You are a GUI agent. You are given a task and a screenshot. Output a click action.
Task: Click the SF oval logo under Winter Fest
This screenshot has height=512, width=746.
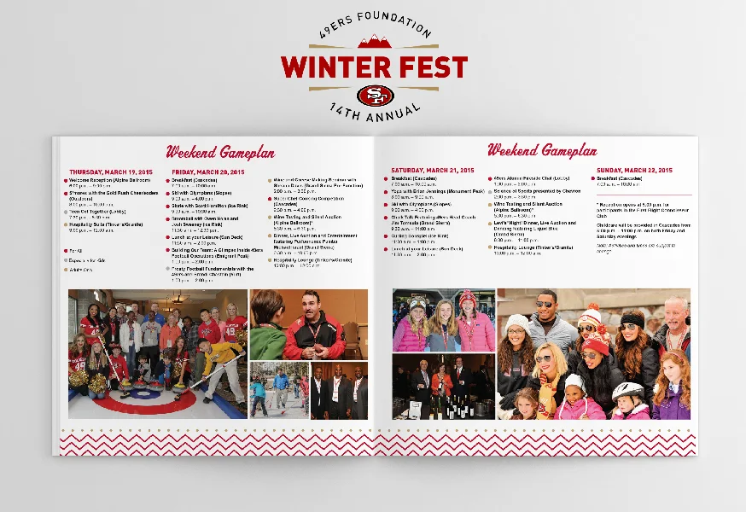click(374, 96)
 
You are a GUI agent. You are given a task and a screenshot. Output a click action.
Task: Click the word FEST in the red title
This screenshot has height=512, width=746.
click(424, 67)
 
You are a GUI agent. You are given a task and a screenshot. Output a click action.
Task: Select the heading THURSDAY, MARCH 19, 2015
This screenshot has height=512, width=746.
click(111, 172)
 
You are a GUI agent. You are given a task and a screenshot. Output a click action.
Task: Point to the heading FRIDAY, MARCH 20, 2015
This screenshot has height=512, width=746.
click(207, 172)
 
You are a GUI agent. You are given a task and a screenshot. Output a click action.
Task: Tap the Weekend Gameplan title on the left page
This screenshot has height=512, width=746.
click(220, 153)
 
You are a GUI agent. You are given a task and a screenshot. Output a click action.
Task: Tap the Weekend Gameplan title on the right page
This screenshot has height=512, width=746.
click(541, 150)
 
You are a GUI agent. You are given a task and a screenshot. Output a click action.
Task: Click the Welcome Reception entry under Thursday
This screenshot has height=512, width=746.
click(102, 180)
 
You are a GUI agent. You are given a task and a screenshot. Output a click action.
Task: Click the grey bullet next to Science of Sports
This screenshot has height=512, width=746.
click(490, 192)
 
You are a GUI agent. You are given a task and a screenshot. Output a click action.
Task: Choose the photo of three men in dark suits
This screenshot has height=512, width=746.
click(339, 391)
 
